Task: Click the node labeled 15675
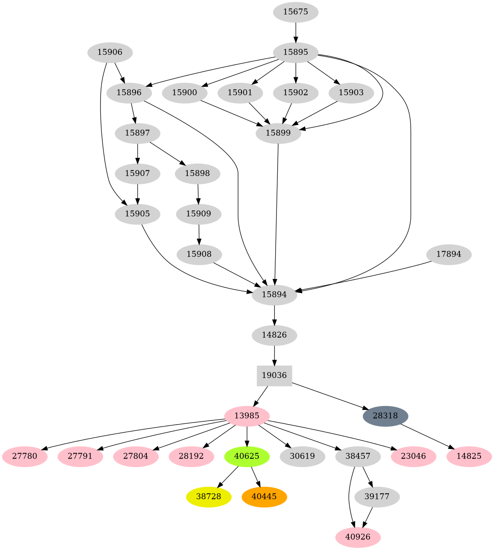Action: [x=295, y=12]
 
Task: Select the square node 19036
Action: [x=274, y=375]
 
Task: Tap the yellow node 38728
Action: [x=209, y=497]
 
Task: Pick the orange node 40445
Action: [x=264, y=497]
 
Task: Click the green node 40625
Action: [x=247, y=456]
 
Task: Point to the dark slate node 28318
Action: [x=385, y=416]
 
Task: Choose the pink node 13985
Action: [x=247, y=416]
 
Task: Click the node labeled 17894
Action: [x=449, y=254]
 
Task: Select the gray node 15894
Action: [x=274, y=295]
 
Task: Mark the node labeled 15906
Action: [x=110, y=53]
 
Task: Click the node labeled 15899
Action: [x=278, y=133]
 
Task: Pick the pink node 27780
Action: [x=24, y=456]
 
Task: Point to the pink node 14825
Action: [x=469, y=456]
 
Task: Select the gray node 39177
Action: [x=377, y=497]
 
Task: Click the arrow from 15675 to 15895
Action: [x=296, y=32]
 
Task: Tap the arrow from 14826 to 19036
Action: [x=274, y=355]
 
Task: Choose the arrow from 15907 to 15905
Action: [x=138, y=194]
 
